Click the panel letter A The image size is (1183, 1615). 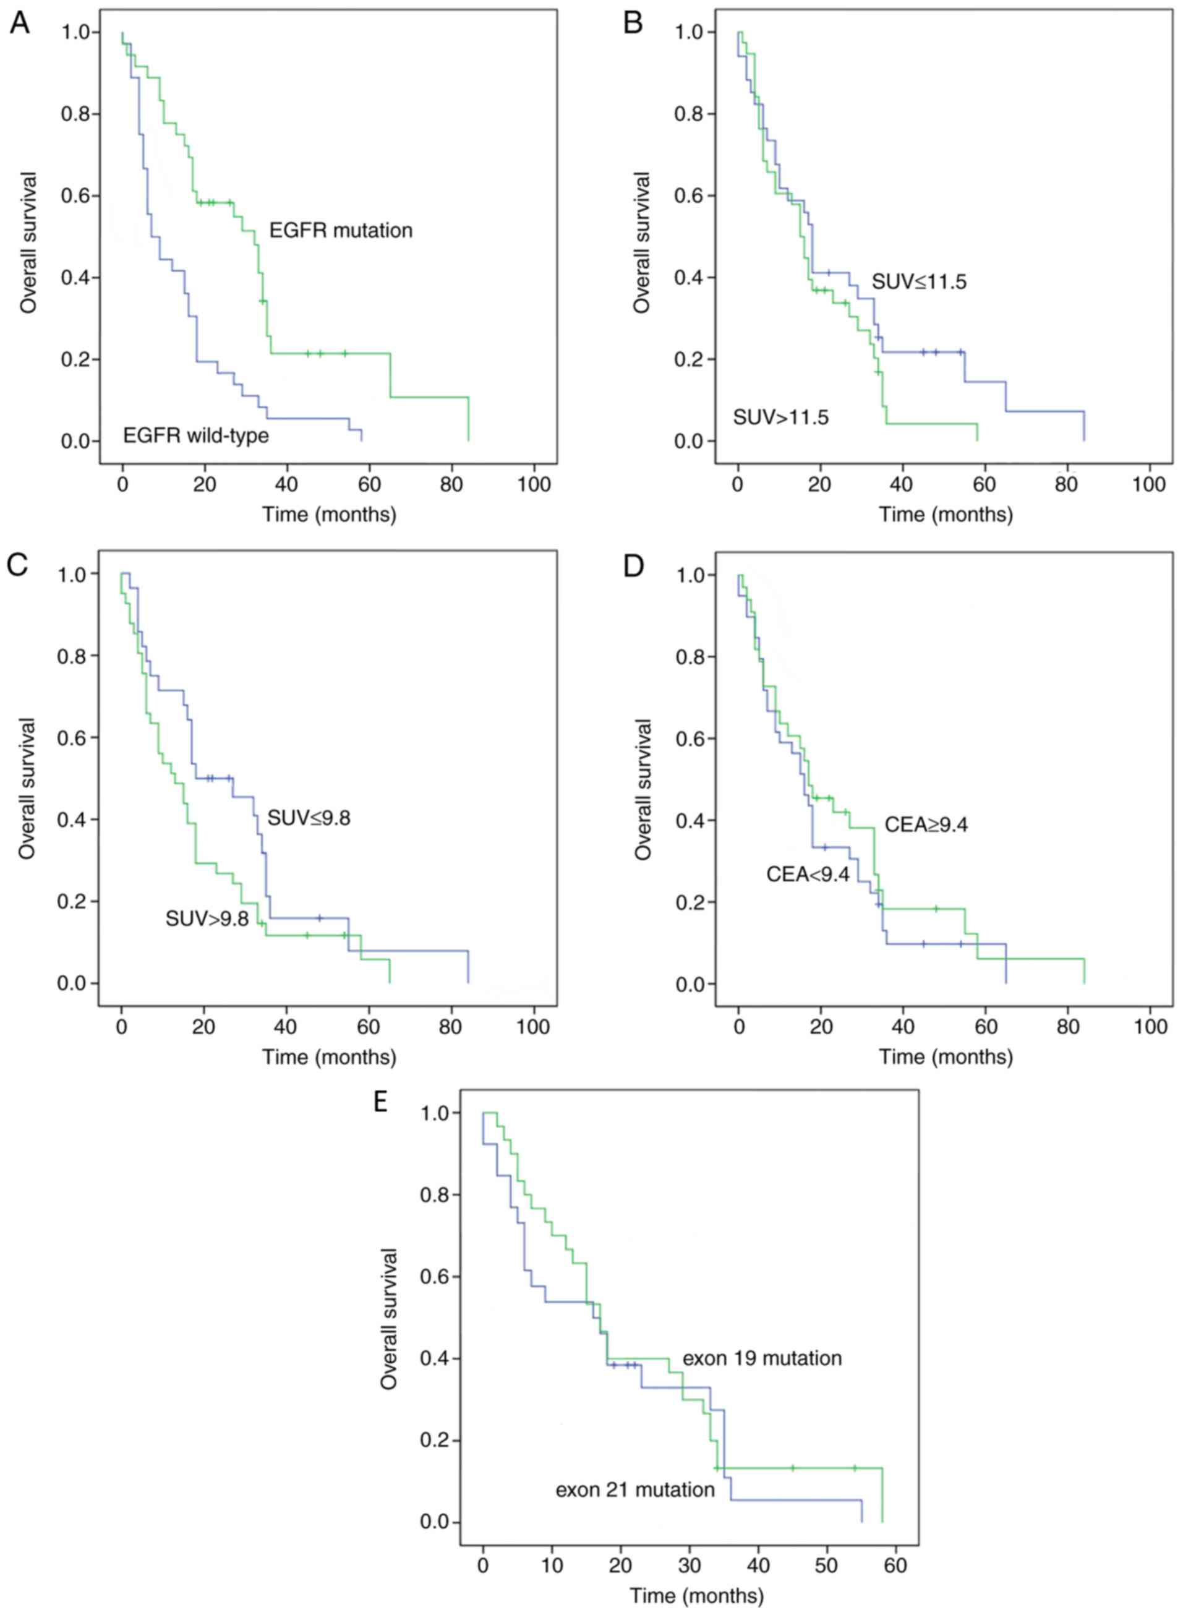19,23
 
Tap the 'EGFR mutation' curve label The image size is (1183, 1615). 341,231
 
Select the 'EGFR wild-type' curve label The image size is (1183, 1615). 195,435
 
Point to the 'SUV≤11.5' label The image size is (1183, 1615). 919,282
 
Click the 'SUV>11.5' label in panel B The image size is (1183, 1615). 780,417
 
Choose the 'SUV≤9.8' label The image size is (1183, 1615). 309,818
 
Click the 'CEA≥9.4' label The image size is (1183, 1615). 926,825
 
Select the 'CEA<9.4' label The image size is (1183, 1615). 808,875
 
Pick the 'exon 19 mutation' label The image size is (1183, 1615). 762,1358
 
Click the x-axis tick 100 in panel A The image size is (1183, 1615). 534,485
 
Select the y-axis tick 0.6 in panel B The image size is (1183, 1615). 689,195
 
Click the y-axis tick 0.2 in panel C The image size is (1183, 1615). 72,901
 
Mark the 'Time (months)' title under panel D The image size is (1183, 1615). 946,1057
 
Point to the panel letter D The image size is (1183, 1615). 634,566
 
